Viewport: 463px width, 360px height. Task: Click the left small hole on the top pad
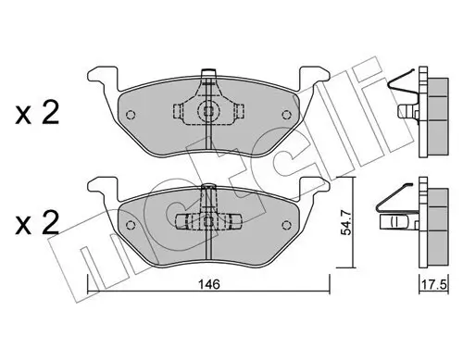pyautogui.click(x=131, y=116)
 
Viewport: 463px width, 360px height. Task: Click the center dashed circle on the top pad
pyautogui.click(x=210, y=111)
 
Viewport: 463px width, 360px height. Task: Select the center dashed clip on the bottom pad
pyautogui.click(x=210, y=220)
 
